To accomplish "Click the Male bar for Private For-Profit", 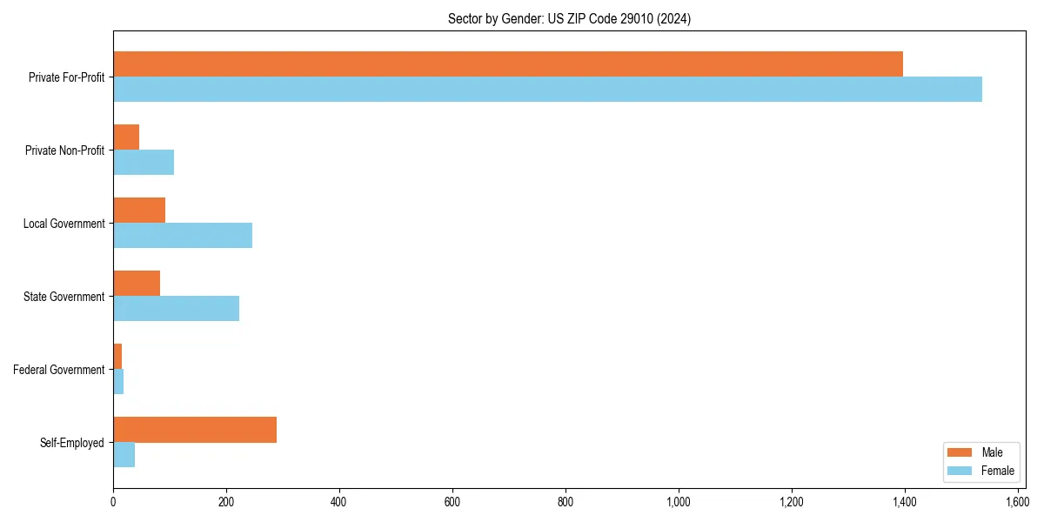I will click(508, 64).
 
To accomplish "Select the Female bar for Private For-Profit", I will click(547, 90).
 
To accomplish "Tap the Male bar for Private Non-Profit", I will click(126, 137).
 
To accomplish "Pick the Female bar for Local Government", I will click(183, 236).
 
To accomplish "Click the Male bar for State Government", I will click(137, 284).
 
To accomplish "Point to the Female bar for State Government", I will click(176, 309).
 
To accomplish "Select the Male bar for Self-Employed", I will click(195, 430).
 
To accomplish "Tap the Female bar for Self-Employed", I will click(124, 455).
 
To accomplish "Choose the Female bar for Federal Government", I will click(118, 382).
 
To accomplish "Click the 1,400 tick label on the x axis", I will click(905, 502).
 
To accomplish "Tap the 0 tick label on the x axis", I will click(113, 502).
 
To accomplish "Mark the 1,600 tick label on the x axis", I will click(1018, 502).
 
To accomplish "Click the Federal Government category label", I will click(59, 370).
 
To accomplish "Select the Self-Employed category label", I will click(72, 443).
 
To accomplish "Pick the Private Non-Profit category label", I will click(64, 151).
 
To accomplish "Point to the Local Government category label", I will click(64, 224).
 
